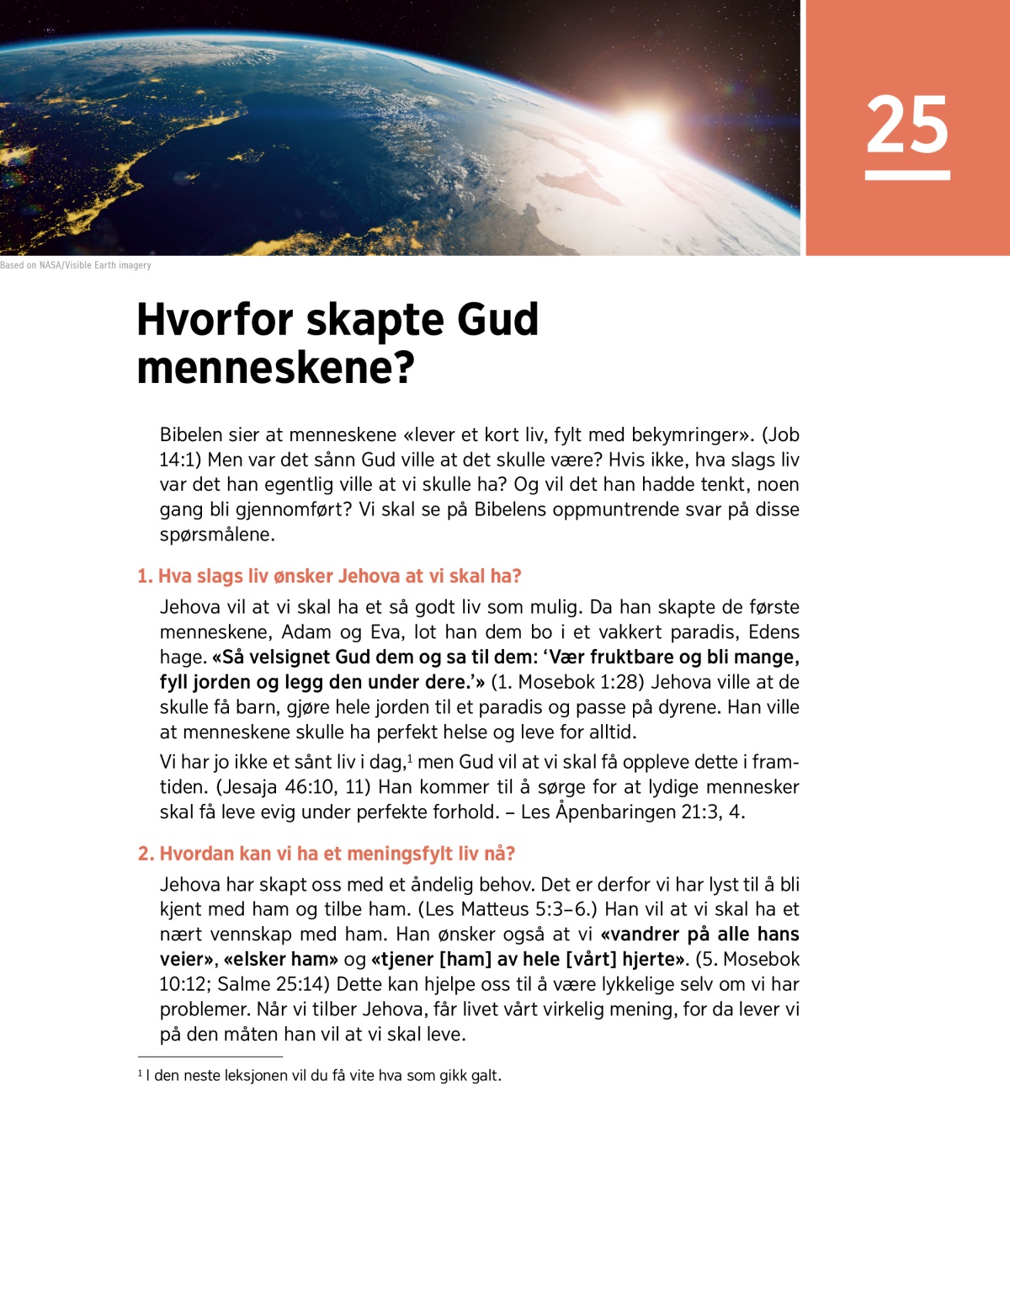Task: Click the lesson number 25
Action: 906,125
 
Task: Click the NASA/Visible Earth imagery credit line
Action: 76,265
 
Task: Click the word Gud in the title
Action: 497,320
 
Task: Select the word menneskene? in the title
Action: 275,368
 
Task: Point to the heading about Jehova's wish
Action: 329,576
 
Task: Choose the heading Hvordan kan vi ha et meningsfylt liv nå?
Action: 327,854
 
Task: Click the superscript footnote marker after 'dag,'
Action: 410,758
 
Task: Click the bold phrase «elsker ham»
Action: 281,959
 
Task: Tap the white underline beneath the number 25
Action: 907,175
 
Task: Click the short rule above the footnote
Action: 210,1057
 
